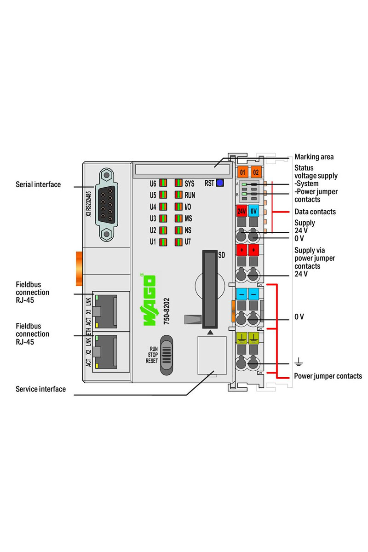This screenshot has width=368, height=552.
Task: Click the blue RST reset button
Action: [220, 183]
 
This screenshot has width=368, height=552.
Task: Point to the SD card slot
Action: [209, 290]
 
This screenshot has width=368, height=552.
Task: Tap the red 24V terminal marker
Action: [241, 212]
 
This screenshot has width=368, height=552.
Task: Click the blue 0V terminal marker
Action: [253, 212]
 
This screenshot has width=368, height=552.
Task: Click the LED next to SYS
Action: [179, 183]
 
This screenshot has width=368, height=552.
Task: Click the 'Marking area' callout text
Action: [314, 157]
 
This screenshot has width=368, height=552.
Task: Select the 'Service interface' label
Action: [40, 389]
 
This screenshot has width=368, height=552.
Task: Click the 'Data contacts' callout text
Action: [315, 212]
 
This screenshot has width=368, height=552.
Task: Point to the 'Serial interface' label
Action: [38, 184]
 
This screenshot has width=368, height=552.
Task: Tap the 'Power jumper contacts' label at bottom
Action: [328, 376]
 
